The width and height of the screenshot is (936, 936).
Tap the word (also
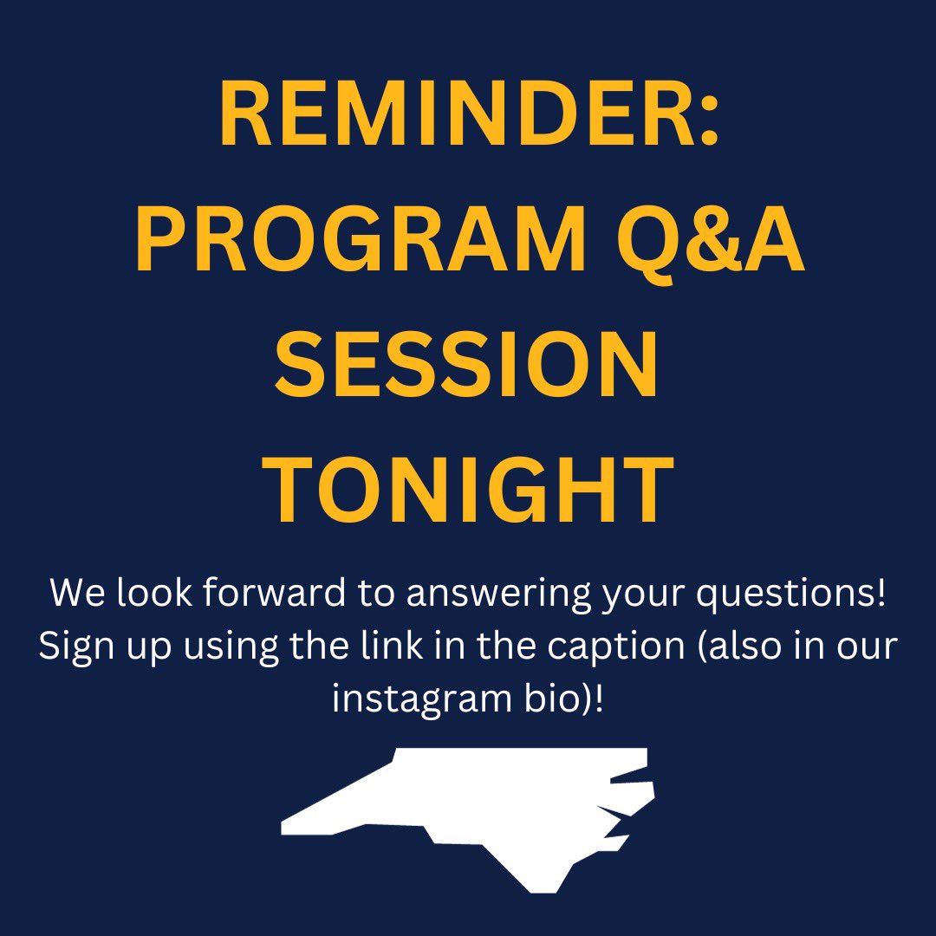coord(755,647)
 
